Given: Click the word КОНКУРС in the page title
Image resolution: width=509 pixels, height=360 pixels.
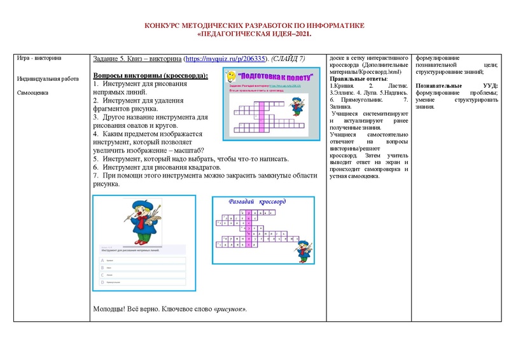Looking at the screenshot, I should pyautogui.click(x=164, y=25).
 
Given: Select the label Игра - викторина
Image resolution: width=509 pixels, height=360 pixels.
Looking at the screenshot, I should pyautogui.click(x=39, y=59).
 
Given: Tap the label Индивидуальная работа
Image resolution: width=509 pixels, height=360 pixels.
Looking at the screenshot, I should pyautogui.click(x=46, y=79).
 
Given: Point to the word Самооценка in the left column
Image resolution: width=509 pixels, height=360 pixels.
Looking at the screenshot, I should pyautogui.click(x=33, y=93).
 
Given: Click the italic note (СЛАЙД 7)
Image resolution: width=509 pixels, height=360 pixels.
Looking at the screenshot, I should pyautogui.click(x=288, y=59).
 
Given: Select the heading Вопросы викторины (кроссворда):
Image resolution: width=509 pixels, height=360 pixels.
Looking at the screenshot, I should pyautogui.click(x=151, y=75).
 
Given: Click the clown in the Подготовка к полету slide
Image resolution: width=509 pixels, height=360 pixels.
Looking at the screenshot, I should pyautogui.click(x=297, y=106).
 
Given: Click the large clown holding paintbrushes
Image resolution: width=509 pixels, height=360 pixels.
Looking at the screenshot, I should pyautogui.click(x=143, y=222).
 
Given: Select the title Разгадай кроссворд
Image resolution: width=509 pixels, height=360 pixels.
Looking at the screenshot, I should pyautogui.click(x=257, y=202).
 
